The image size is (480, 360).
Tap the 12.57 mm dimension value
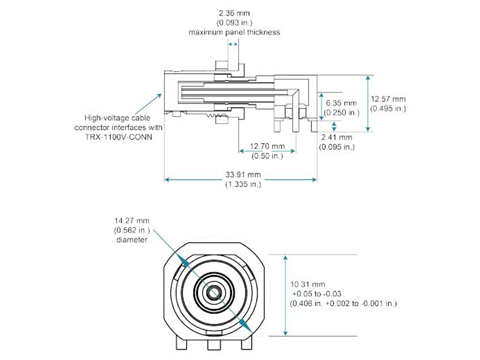coord(388,99)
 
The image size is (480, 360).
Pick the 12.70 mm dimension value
coord(267,146)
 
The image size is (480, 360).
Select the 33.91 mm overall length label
coord(242,175)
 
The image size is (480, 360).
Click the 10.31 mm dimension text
coord(308,283)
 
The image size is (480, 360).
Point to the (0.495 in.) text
coord(388,109)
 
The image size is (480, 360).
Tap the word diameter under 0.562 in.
coord(131,240)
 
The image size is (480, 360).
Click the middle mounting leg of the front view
coord(213,347)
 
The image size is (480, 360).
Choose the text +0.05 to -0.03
coord(317,293)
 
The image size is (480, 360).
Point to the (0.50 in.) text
coord(267,156)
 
